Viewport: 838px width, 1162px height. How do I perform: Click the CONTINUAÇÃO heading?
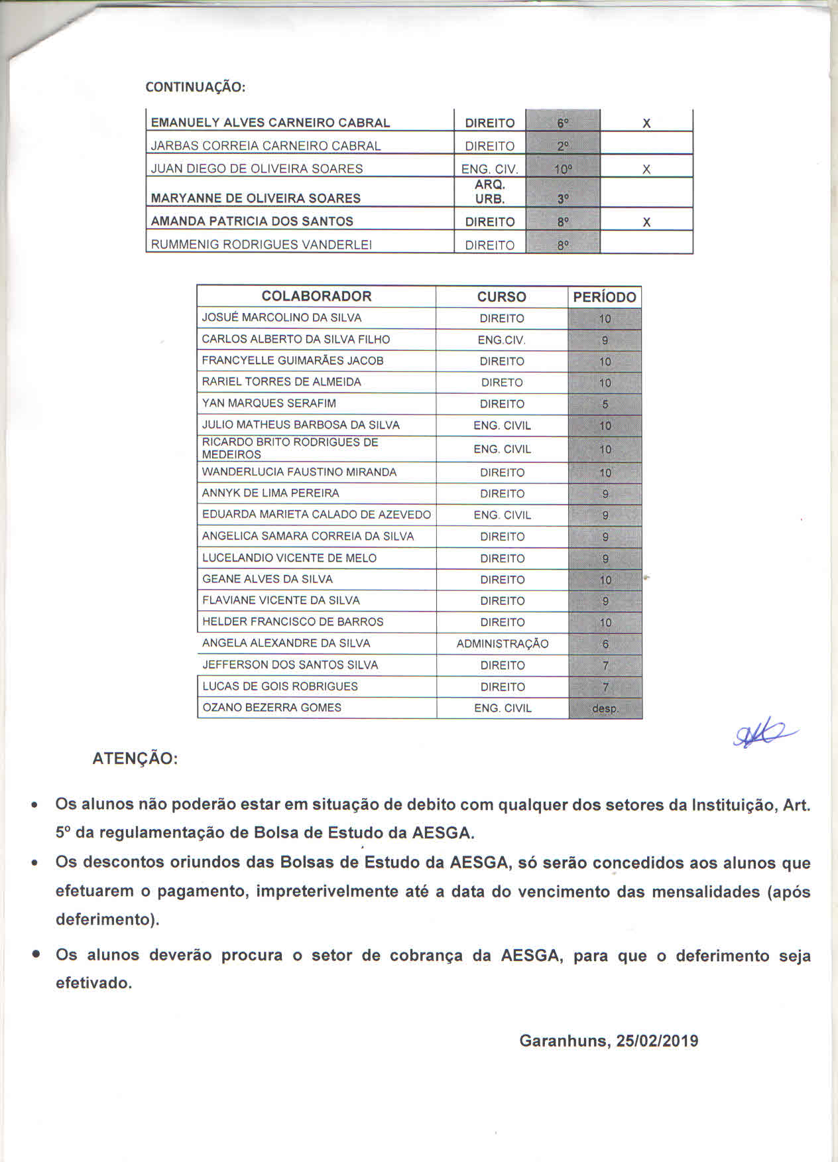(x=195, y=87)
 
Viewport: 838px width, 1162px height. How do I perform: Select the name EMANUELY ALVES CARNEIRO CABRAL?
(x=270, y=123)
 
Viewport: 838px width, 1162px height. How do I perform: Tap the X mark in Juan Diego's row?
(x=646, y=169)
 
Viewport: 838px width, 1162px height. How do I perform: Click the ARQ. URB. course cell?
(x=490, y=192)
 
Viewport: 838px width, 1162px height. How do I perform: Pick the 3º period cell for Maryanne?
(x=563, y=198)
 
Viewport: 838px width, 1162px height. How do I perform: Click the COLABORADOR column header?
(x=316, y=296)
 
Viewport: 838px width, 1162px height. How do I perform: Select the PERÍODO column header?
(x=605, y=297)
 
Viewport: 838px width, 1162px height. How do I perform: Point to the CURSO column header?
(x=502, y=297)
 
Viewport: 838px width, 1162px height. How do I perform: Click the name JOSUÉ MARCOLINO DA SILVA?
(x=282, y=318)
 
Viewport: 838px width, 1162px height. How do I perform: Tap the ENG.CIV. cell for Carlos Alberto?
(x=502, y=340)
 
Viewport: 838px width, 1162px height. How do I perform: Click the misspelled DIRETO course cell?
(x=502, y=383)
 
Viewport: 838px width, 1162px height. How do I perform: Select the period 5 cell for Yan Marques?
(x=605, y=404)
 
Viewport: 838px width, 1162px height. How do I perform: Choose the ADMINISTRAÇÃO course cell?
(x=503, y=643)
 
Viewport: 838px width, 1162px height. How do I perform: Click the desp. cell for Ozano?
(x=605, y=708)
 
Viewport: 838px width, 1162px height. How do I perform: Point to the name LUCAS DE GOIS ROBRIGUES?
(x=280, y=686)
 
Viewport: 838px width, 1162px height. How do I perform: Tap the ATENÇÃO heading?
(x=135, y=759)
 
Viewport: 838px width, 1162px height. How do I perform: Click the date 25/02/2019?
(x=657, y=1041)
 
